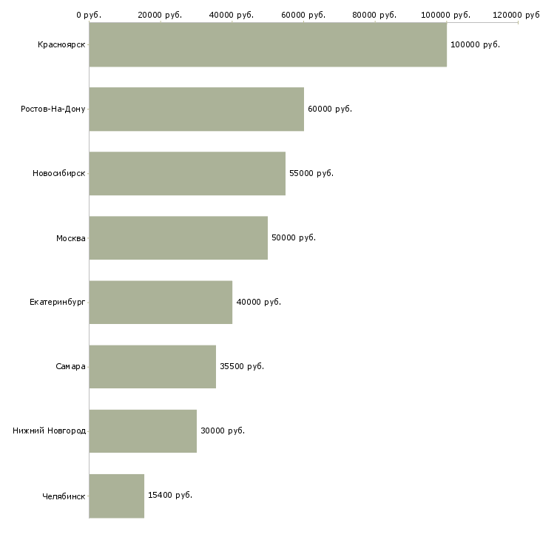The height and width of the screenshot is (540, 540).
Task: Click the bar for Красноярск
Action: coord(268,44)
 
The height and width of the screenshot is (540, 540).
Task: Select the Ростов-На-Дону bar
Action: coord(196,109)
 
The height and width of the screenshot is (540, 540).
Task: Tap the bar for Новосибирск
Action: coord(187,173)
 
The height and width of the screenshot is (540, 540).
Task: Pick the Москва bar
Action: coord(178,237)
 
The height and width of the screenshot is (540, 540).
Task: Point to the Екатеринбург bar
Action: coord(161,302)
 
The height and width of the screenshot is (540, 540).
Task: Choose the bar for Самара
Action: coord(152,366)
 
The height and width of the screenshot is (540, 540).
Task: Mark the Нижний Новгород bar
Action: coord(143,431)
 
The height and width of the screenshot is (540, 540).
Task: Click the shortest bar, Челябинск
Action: coord(117,495)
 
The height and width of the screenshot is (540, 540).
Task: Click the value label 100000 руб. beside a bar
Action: coord(475,44)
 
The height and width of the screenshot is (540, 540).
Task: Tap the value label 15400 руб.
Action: coord(170,495)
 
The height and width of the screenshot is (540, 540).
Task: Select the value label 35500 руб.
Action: coord(242,366)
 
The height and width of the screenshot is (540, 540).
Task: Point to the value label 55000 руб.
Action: coord(311,173)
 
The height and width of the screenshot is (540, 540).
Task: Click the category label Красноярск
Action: coord(61,44)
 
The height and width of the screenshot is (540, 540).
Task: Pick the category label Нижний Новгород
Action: coord(50,431)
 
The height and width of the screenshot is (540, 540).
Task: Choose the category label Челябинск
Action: coord(64,495)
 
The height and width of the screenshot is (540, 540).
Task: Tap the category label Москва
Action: coord(71,237)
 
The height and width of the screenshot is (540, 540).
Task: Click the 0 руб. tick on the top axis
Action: coord(89,15)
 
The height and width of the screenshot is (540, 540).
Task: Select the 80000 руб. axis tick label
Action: coord(375,15)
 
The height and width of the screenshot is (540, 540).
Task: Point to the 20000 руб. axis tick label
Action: coord(161,15)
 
